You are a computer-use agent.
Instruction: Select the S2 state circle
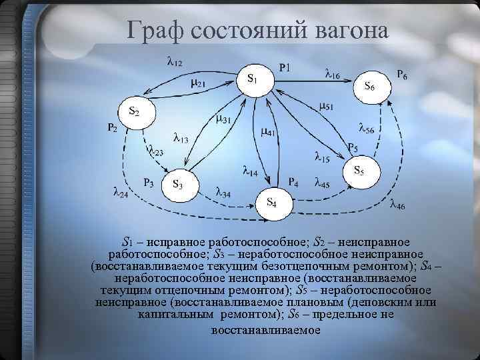(136, 113)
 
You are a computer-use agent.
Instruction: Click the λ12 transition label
(175, 63)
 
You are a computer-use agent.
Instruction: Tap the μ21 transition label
(198, 83)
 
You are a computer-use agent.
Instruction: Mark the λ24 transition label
(121, 193)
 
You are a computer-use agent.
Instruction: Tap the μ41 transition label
(268, 132)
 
